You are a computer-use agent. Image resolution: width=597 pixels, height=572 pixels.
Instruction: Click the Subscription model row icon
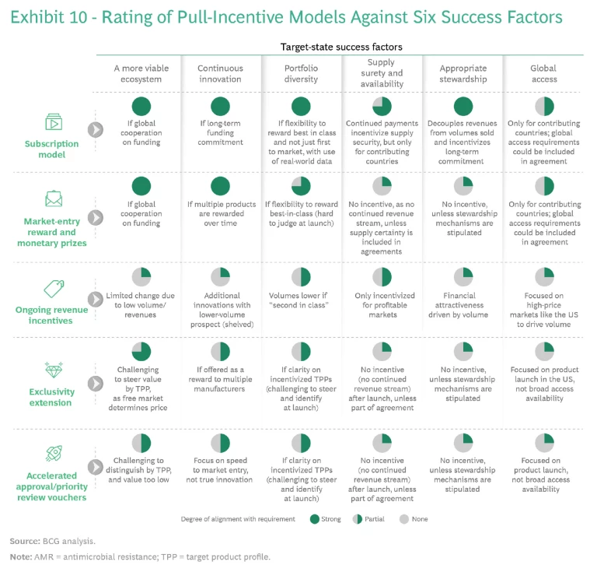coord(54,123)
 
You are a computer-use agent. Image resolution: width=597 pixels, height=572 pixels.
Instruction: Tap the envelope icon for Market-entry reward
coord(54,200)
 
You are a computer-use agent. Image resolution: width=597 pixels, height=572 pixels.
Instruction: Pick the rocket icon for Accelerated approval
coord(54,453)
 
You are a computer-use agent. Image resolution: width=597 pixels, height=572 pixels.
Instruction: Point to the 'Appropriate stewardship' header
coord(463,73)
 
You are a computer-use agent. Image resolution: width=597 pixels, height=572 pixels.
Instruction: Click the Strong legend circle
coord(315,519)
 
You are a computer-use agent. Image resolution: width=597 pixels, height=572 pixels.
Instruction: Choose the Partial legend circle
coord(357,519)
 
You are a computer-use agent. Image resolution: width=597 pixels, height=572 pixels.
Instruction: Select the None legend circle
coord(403,519)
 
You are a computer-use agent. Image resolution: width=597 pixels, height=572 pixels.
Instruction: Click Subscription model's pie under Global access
coord(543,107)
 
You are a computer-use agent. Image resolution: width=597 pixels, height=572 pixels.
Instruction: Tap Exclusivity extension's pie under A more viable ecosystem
coord(141,352)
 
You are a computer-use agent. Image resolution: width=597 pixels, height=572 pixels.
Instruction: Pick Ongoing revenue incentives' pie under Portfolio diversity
coord(301,276)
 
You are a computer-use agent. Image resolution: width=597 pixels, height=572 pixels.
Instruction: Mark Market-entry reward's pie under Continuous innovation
coord(221,186)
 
